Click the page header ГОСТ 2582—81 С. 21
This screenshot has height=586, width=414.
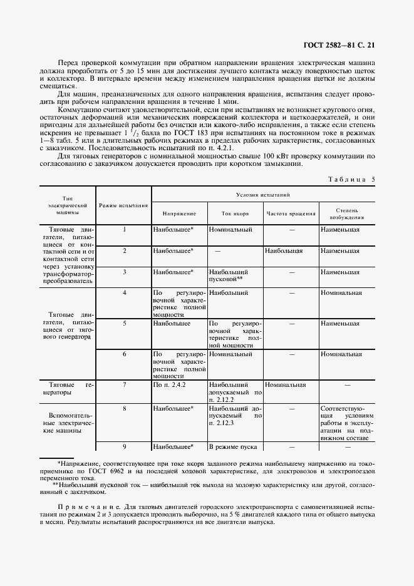[340, 44]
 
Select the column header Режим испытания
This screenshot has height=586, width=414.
[124, 205]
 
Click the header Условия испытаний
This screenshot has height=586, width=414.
[263, 195]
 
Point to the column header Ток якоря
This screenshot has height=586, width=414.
[235, 213]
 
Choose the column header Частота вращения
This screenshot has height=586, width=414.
[291, 213]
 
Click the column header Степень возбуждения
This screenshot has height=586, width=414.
[347, 216]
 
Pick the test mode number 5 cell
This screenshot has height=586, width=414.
[124, 324]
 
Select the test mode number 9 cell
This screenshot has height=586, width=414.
[124, 447]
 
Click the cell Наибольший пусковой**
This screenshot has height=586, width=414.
[229, 275]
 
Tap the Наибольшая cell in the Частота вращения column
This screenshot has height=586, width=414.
[284, 250]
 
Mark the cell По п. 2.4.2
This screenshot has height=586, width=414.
[166, 385]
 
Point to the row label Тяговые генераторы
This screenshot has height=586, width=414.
[66, 389]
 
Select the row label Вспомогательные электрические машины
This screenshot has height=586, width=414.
[66, 423]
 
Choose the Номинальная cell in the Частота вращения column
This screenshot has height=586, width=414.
[285, 385]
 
